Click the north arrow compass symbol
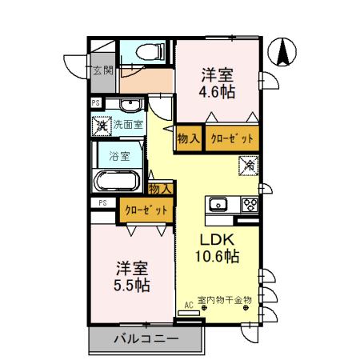click(x=283, y=52)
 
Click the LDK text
click(x=216, y=239)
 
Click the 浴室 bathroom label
click(x=120, y=156)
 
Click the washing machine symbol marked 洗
click(x=102, y=124)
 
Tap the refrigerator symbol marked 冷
click(x=250, y=166)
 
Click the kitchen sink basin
click(x=218, y=204)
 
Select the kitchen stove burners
click(x=249, y=204)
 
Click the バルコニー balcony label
click(x=146, y=338)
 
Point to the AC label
click(x=189, y=305)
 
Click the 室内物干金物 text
click(x=224, y=300)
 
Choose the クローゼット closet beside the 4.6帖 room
click(x=232, y=138)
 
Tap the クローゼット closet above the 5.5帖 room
click(x=146, y=210)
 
